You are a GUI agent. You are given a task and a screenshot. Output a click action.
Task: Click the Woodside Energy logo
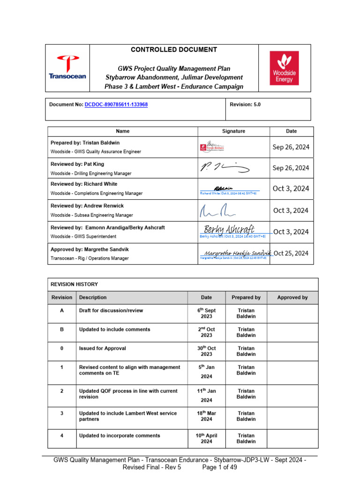click(x=284, y=68)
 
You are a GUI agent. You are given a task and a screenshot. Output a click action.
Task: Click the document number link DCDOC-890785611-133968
click(x=116, y=105)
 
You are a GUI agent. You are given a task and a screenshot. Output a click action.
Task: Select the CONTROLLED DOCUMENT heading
click(x=173, y=50)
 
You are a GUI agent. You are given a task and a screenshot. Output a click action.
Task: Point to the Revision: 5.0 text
click(x=246, y=105)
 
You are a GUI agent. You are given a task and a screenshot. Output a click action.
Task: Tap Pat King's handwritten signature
click(x=225, y=167)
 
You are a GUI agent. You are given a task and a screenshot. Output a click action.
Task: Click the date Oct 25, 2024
click(x=291, y=253)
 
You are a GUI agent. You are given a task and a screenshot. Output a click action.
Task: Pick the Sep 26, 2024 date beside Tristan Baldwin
click(x=291, y=147)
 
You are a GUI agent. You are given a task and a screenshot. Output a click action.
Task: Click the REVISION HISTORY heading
click(x=75, y=284)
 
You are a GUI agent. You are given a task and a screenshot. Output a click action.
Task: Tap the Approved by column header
click(x=292, y=297)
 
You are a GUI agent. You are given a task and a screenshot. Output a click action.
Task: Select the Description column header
click(x=93, y=297)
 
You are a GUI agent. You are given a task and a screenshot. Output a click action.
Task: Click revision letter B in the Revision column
click(x=62, y=330)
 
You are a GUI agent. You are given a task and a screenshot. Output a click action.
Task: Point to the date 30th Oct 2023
click(x=206, y=351)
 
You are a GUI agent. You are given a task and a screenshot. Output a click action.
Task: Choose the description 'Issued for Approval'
click(x=102, y=348)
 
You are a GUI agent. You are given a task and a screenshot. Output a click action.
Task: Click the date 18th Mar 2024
click(x=206, y=416)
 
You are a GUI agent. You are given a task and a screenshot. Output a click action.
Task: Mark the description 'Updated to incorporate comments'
click(x=120, y=435)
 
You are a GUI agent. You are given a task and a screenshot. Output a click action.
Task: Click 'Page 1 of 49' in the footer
click(x=220, y=467)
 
